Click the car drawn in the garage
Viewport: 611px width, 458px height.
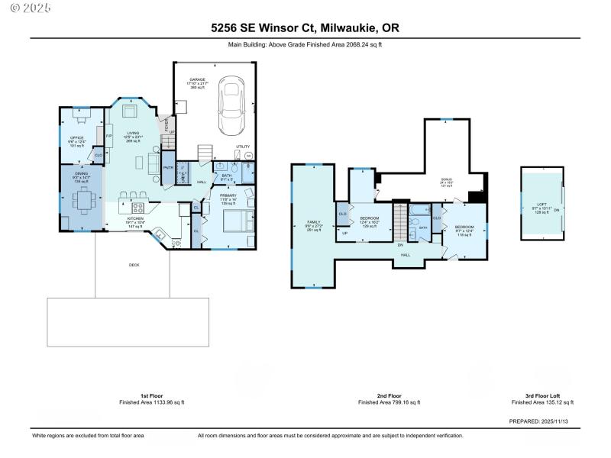(232, 107)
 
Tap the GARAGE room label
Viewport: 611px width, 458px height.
(198, 79)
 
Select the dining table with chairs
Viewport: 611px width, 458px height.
(82, 201)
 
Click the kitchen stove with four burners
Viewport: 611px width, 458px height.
(139, 207)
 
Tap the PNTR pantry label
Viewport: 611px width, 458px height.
(168, 168)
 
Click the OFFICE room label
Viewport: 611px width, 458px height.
(76, 137)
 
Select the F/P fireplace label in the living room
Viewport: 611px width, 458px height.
(109, 136)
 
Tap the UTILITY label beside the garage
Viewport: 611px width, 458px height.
(243, 146)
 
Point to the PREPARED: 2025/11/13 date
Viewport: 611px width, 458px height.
(542, 421)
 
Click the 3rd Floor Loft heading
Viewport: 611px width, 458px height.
(542, 396)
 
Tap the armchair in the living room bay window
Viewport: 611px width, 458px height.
(128, 111)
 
